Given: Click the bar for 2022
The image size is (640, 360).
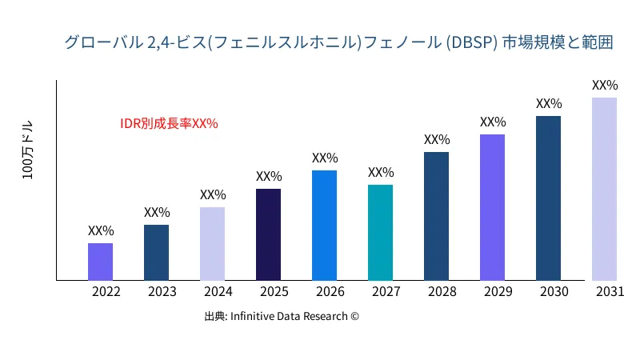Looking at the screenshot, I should pos(100,262).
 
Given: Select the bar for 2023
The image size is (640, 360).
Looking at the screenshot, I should pos(156,253).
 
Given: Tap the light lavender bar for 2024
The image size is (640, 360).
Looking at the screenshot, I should pos(212,244).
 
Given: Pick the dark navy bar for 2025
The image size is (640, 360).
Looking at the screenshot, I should pos(268,234).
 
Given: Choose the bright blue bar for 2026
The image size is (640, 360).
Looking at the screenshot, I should pos(324,226).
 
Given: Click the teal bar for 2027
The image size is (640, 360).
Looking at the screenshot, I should pos(380,233).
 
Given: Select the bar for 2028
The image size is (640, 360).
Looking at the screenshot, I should pos(436,216).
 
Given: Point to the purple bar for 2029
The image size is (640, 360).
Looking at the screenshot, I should pos(492,207).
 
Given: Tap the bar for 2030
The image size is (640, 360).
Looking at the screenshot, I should pos(548,198).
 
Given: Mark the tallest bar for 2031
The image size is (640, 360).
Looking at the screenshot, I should pos(604,189).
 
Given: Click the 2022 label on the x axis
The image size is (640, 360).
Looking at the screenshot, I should pos(106,292).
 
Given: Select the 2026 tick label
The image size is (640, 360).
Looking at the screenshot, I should pos(330,292).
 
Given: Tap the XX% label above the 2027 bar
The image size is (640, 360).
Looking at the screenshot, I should pos(381,172).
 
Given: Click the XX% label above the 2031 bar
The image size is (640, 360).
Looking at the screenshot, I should pos(605,85).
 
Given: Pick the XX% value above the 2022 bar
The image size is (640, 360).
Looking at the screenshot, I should pos(101,230).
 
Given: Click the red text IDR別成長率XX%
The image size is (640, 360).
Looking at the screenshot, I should pos(169,124).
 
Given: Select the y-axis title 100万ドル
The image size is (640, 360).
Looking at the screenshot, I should pos(28,151).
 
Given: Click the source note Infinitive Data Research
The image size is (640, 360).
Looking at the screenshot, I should pos(282,316).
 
